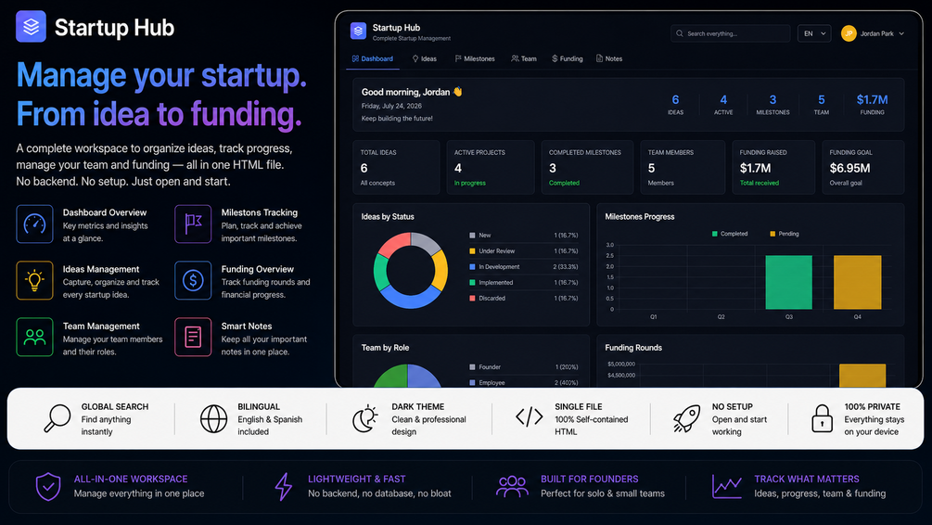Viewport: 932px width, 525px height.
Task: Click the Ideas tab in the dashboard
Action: (425, 58)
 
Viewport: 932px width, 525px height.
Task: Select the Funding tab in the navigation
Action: (567, 58)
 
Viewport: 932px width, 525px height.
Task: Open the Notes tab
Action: (609, 58)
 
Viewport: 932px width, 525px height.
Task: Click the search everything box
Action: (731, 34)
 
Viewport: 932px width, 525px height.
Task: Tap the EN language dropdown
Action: (813, 34)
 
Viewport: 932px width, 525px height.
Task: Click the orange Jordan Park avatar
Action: (849, 34)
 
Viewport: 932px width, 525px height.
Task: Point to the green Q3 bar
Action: (788, 282)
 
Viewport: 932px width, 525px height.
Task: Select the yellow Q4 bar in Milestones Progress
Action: (857, 282)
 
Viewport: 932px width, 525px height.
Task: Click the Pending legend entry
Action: (784, 234)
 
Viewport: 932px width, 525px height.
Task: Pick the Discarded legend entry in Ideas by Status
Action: (488, 299)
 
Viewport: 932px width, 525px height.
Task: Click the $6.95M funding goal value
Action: (849, 168)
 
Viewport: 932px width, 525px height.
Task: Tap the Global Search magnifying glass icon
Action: (57, 417)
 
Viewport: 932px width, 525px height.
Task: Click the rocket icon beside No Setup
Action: (686, 418)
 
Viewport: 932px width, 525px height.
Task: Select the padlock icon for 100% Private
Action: (822, 418)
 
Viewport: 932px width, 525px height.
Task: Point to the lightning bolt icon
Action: (284, 486)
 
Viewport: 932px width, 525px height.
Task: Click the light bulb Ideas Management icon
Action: (34, 280)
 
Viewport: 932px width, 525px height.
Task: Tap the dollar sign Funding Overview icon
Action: (193, 280)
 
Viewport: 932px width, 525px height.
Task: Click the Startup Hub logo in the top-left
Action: (31, 27)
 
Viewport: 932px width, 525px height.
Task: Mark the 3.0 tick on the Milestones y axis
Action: (610, 245)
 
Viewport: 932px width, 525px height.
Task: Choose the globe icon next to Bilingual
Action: (213, 418)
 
